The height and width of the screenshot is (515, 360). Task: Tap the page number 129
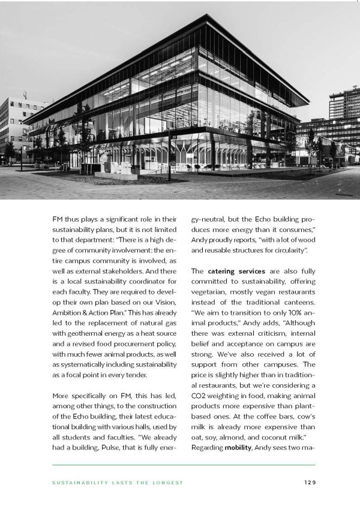click(x=308, y=482)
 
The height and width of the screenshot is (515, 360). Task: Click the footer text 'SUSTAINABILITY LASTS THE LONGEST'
click(x=118, y=482)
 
